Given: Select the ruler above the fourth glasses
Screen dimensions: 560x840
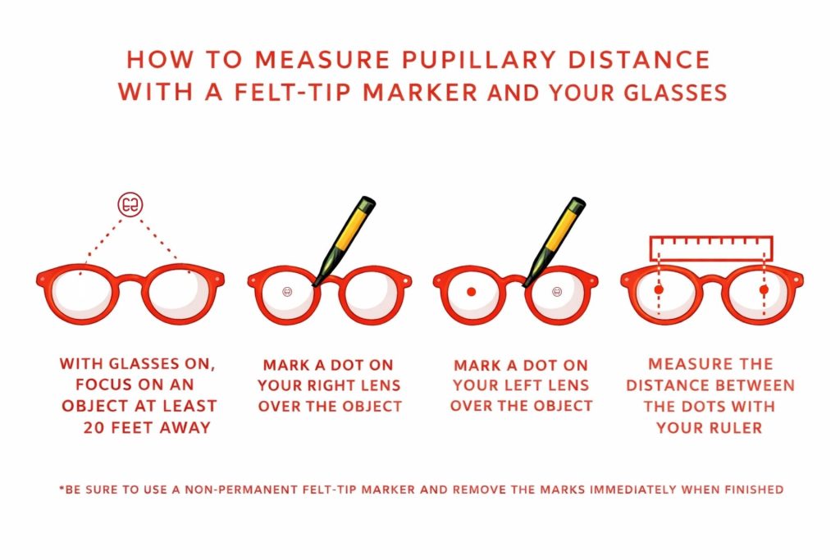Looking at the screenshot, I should [711, 248].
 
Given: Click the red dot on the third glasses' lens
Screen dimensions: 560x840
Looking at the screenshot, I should [471, 291].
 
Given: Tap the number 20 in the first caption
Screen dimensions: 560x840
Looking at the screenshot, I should [96, 426].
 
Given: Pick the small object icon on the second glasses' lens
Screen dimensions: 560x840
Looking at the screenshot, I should [286, 291].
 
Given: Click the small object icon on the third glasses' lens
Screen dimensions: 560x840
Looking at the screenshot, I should [558, 291].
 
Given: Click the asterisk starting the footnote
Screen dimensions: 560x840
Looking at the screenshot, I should [61, 489].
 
